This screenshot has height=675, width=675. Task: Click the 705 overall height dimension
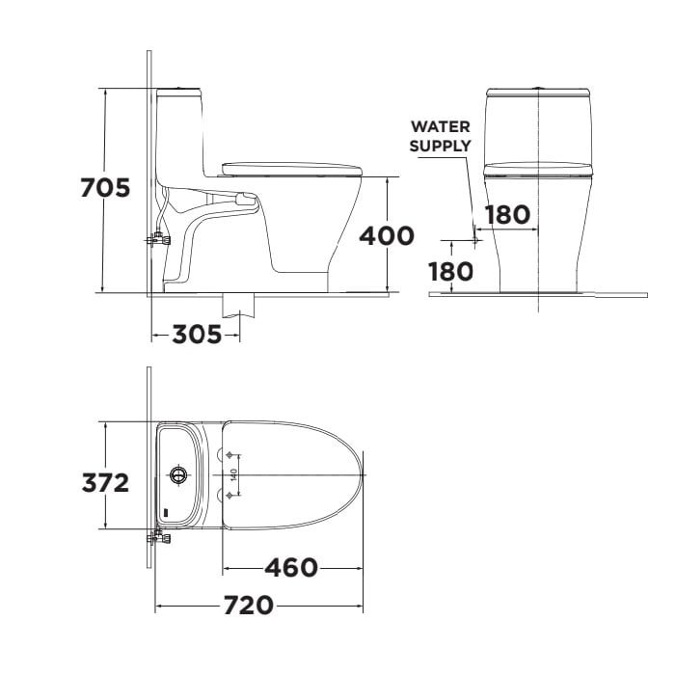pos(104,188)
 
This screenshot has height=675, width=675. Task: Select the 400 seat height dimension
pos(387,235)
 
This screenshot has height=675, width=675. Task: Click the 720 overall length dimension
pos(248,606)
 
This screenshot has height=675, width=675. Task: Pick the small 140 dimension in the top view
pos(233,474)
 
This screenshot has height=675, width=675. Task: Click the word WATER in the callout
pos(441,126)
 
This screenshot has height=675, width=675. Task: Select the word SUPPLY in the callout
pos(441,146)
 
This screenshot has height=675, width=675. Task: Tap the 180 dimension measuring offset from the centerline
pos(507,214)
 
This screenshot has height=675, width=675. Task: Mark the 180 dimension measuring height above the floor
pos(451,272)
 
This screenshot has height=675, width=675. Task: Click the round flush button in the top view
pos(177,474)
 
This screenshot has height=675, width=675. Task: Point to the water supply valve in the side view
pos(157,237)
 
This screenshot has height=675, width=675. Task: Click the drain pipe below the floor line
pos(239,306)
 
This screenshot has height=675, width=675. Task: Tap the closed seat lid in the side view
pos(291,170)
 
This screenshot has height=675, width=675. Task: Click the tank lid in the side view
pos(180,92)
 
